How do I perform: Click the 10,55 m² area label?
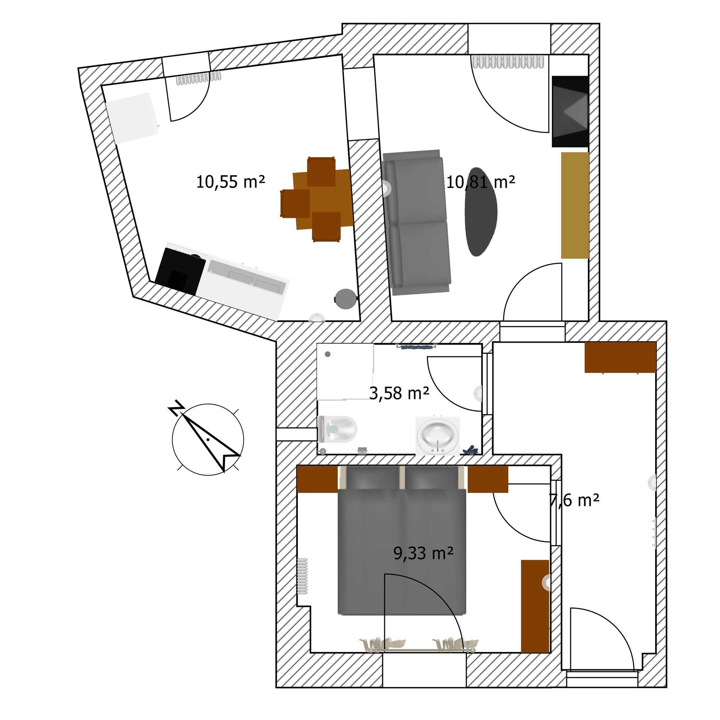[230, 182]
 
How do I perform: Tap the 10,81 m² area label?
[480, 182]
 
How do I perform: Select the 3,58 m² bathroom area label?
[399, 393]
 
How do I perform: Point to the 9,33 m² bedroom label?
[423, 554]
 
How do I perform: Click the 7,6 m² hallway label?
[574, 500]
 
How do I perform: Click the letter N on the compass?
[176, 409]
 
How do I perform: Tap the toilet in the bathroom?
[338, 429]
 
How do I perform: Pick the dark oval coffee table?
[481, 212]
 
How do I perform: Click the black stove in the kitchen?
[180, 271]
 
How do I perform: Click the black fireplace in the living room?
[570, 112]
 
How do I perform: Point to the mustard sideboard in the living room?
[575, 205]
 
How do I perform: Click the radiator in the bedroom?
[303, 576]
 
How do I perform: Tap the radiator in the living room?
[508, 62]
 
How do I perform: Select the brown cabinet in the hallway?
[620, 357]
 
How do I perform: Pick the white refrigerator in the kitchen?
[132, 118]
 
